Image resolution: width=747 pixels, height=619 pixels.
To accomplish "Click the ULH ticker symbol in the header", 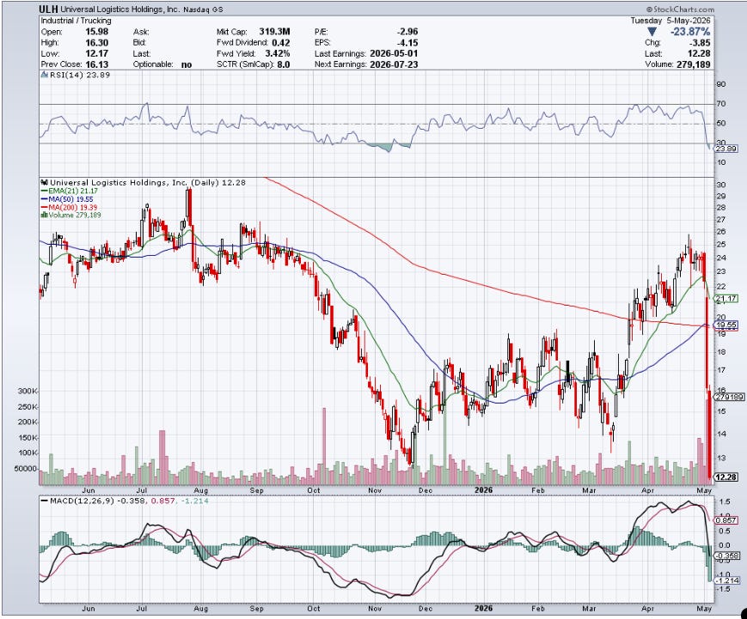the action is click(49, 9).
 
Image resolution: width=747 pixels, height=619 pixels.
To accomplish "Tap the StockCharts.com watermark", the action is click(680, 9).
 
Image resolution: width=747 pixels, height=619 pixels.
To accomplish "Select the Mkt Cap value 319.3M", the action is click(274, 32).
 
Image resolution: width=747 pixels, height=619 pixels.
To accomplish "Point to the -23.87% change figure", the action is click(690, 32).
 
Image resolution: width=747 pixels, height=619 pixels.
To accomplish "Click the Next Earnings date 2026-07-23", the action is click(394, 64).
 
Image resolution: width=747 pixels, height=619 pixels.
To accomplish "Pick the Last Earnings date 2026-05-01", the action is click(394, 53).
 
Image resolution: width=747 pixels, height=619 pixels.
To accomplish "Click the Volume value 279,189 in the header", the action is click(693, 64).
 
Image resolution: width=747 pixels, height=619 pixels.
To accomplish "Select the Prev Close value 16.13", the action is click(97, 64).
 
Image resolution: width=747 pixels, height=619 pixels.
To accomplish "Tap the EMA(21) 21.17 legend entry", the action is click(70, 191).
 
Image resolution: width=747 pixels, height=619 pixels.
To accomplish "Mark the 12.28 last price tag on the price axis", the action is click(726, 477).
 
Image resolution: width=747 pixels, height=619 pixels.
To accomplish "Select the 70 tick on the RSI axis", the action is click(721, 104).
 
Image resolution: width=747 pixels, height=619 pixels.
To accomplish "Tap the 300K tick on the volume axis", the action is click(28, 391).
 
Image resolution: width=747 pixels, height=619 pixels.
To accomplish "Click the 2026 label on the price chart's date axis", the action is click(484, 490).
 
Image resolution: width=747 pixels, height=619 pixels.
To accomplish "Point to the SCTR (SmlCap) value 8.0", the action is click(283, 64).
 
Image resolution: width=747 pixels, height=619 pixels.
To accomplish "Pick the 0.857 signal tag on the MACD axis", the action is click(727, 520).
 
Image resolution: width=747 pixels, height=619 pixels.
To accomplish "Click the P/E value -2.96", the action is click(407, 32).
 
